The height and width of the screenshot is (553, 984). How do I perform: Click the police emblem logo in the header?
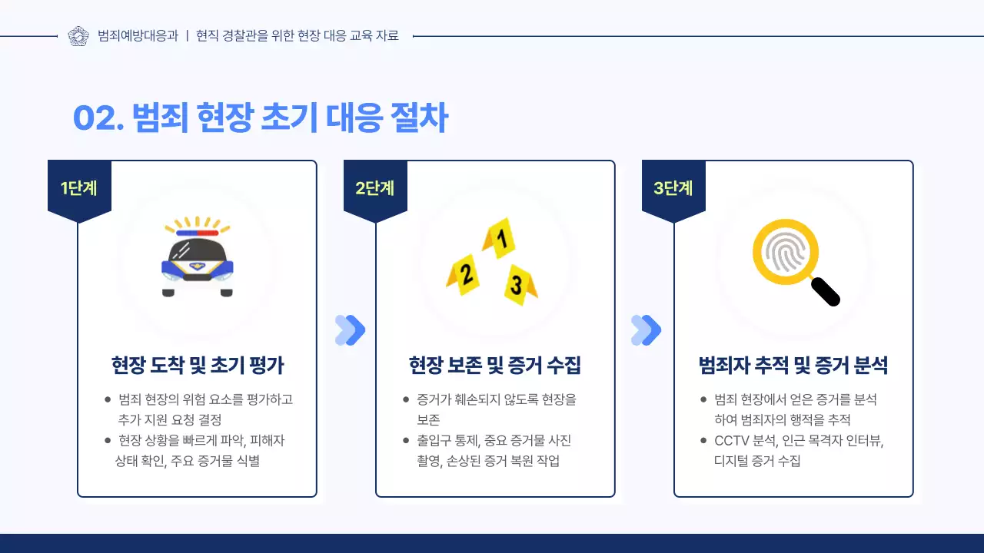[78, 36]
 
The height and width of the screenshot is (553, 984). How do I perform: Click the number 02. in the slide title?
[98, 118]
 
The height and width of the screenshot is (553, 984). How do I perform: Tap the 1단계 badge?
[79, 188]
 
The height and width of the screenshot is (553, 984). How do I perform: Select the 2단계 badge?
[375, 188]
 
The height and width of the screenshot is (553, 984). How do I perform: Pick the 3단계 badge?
[673, 188]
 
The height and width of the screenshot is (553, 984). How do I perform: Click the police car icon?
[198, 260]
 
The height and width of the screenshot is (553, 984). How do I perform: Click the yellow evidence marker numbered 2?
[464, 274]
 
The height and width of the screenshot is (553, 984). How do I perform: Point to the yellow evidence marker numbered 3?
[519, 285]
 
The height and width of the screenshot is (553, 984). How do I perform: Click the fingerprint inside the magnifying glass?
[784, 251]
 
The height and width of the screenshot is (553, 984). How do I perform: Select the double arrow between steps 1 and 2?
[351, 330]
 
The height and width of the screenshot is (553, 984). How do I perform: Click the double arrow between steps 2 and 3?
[646, 330]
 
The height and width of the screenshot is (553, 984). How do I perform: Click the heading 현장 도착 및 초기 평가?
[198, 366]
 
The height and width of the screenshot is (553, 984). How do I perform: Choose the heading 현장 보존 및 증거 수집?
[495, 366]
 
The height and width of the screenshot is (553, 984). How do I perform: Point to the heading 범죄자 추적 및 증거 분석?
[793, 366]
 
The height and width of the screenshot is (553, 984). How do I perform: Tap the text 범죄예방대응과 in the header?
[138, 36]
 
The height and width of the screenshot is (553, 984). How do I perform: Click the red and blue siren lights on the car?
[198, 232]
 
